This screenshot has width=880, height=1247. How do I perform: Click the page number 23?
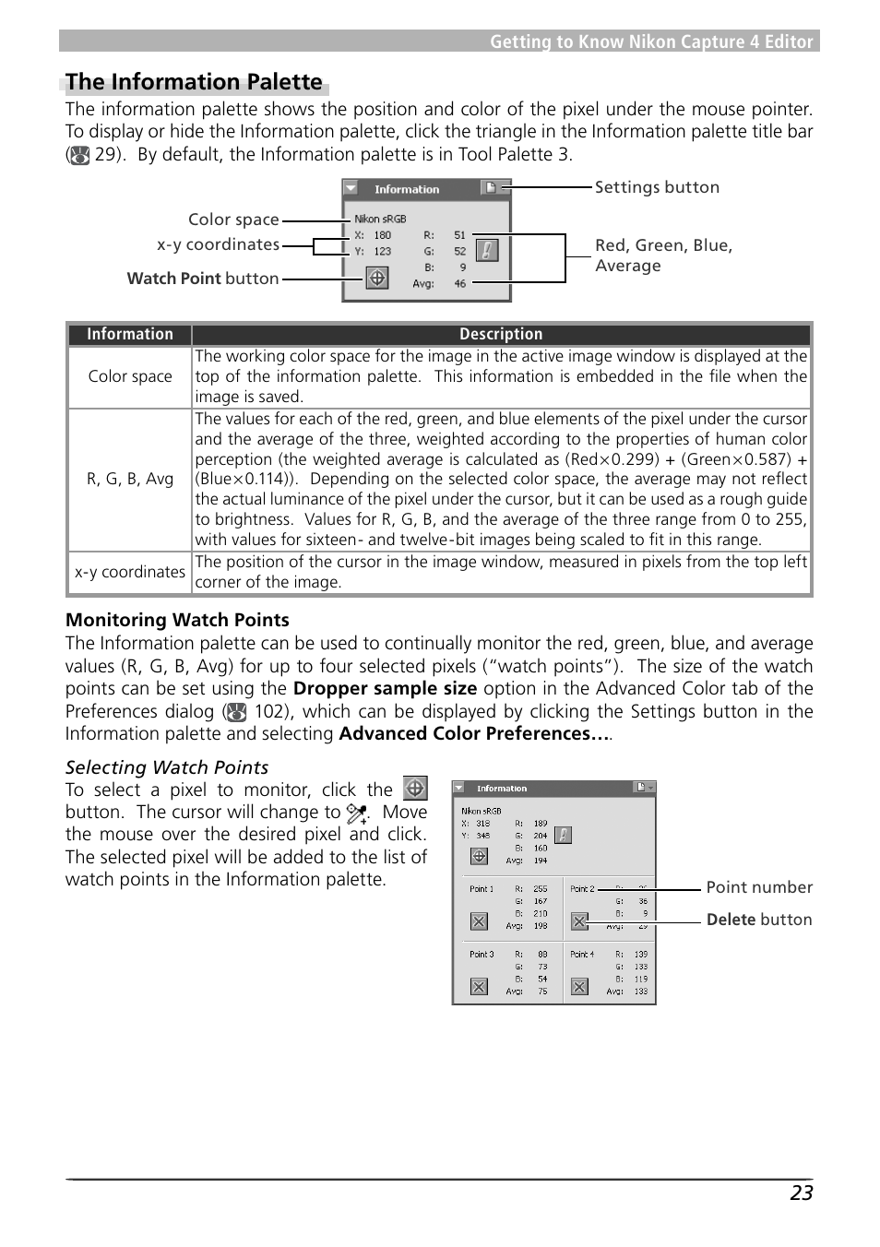tap(801, 1193)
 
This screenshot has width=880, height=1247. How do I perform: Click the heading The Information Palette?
tap(194, 82)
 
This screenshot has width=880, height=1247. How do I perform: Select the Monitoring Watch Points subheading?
tap(177, 620)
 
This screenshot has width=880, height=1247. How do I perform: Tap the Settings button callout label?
tap(657, 187)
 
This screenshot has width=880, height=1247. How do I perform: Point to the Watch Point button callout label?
tap(203, 279)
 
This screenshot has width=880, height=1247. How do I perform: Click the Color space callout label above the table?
tap(233, 220)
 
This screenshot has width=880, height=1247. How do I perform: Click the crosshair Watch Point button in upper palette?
tap(377, 278)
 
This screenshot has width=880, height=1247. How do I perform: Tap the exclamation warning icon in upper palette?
tap(487, 250)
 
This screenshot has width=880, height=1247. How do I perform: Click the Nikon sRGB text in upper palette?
tap(380, 219)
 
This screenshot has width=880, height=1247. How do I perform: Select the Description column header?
tap(501, 334)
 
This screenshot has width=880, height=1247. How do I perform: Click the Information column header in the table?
tap(130, 334)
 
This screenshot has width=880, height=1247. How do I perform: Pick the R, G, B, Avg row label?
tap(130, 479)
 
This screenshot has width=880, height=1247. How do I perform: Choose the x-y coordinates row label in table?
tap(130, 572)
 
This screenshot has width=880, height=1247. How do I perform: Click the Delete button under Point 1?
tap(479, 920)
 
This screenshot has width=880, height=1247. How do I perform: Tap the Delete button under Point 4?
tap(579, 986)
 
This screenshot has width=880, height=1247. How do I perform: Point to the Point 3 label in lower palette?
tap(482, 955)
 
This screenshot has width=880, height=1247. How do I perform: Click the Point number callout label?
tap(759, 887)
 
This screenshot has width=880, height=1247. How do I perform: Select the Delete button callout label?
tap(759, 920)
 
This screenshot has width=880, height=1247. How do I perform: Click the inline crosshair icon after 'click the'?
tap(415, 789)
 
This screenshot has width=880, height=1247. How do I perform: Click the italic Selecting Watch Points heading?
tap(167, 767)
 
